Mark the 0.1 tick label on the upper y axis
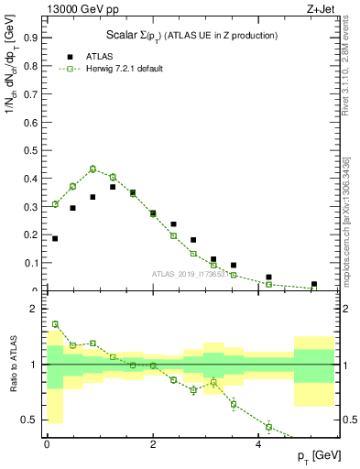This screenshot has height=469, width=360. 30,263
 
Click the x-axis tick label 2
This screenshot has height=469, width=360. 152,444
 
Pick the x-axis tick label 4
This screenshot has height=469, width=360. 258,444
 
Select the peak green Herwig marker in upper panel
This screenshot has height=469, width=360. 93,169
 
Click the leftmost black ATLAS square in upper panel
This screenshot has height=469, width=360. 55,238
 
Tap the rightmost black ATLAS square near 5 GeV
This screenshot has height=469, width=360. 313,284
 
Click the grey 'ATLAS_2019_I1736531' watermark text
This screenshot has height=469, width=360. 193,274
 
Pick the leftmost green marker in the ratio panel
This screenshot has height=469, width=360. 55,324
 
